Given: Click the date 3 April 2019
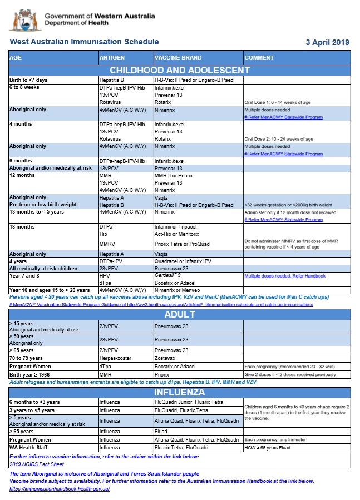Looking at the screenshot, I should (327, 42).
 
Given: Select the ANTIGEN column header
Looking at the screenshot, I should (112, 58).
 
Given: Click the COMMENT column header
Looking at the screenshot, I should (259, 58).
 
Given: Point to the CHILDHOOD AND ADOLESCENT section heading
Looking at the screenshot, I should (180, 70).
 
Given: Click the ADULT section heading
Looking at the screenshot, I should (180, 314).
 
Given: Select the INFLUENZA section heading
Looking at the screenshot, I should (180, 393).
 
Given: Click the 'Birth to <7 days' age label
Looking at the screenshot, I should (28, 80).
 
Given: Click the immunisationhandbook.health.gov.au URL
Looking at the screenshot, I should (60, 489).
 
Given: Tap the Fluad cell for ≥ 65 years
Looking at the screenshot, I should (161, 431).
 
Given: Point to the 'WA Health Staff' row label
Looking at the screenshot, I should (28, 447).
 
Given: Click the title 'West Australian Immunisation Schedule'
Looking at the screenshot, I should (84, 42).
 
